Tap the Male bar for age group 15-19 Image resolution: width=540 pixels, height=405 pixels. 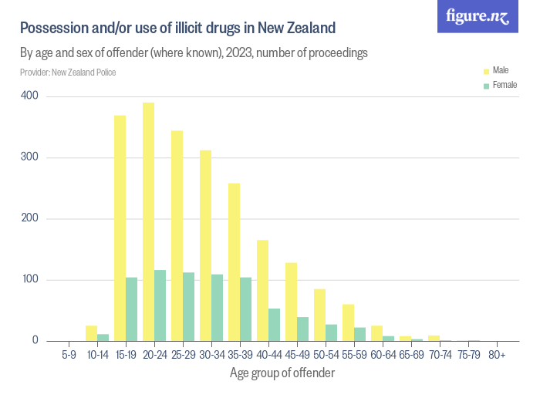[x=120, y=228]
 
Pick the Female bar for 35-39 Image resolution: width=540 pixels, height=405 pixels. [x=246, y=309]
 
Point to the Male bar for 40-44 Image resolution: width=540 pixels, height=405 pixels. [x=262, y=291]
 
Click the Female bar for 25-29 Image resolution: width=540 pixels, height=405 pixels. [x=189, y=307]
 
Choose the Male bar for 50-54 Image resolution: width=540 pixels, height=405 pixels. [x=319, y=316]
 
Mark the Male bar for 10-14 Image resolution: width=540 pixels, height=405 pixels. [x=91, y=333]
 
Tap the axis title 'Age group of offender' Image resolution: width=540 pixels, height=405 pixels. [x=282, y=374]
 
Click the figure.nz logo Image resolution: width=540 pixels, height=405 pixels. [x=478, y=17]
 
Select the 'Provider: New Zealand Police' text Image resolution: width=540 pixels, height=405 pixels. [x=68, y=73]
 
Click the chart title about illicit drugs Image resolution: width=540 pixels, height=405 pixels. [x=177, y=29]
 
